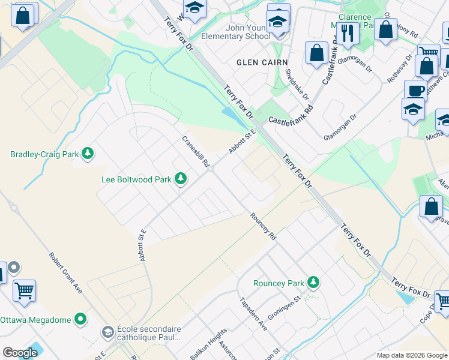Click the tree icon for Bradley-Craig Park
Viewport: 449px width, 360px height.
[x=88, y=154]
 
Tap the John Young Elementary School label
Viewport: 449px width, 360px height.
[x=235, y=32]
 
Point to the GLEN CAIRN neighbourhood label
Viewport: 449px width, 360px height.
[x=262, y=62]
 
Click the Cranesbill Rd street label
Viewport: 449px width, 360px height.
[x=196, y=151]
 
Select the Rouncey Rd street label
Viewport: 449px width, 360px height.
[x=263, y=227]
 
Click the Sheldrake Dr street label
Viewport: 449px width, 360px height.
[x=297, y=84]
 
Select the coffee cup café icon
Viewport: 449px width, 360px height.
[x=415, y=91]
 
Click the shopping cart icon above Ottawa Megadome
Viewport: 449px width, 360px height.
[x=24, y=291]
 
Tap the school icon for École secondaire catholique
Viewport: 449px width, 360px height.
[x=107, y=332]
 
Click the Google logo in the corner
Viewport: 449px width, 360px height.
[x=20, y=353]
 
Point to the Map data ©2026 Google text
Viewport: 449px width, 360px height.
[x=412, y=355]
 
